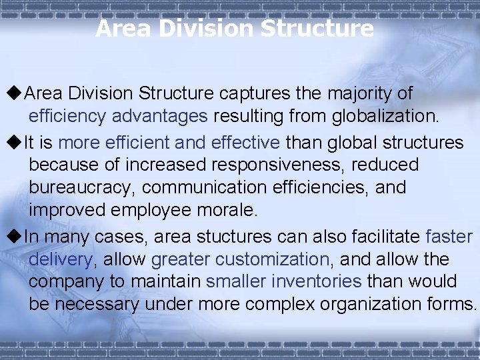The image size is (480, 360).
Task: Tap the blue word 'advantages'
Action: (x=160, y=116)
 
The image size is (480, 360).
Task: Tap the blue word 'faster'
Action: (x=449, y=237)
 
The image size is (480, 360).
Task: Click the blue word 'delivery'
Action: (x=60, y=259)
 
